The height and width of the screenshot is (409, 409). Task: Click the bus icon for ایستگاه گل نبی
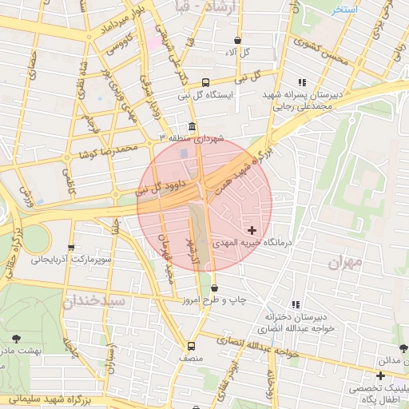pyautogui.click(x=206, y=82)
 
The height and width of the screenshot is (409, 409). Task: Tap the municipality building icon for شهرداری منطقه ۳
pyautogui.click(x=192, y=128)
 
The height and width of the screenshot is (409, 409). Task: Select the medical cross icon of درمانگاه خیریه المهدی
pyautogui.click(x=252, y=230)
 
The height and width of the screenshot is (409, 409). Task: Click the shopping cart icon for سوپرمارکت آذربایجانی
pyautogui.click(x=72, y=248)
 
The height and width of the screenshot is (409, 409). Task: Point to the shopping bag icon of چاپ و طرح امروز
pyautogui.click(x=214, y=288)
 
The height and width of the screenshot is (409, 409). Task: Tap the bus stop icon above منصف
pyautogui.click(x=191, y=346)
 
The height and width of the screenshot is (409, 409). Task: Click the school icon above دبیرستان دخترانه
pyautogui.click(x=296, y=304)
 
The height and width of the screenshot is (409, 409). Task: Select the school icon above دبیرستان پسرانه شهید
pyautogui.click(x=302, y=82)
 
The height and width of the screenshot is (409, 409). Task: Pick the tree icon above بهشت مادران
pyautogui.click(x=18, y=338)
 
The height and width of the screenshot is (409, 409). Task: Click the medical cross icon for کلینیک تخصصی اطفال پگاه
pyautogui.click(x=381, y=375)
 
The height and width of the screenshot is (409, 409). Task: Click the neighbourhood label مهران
pyautogui.click(x=345, y=262)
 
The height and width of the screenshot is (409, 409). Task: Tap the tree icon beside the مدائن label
pyautogui.click(x=403, y=348)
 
